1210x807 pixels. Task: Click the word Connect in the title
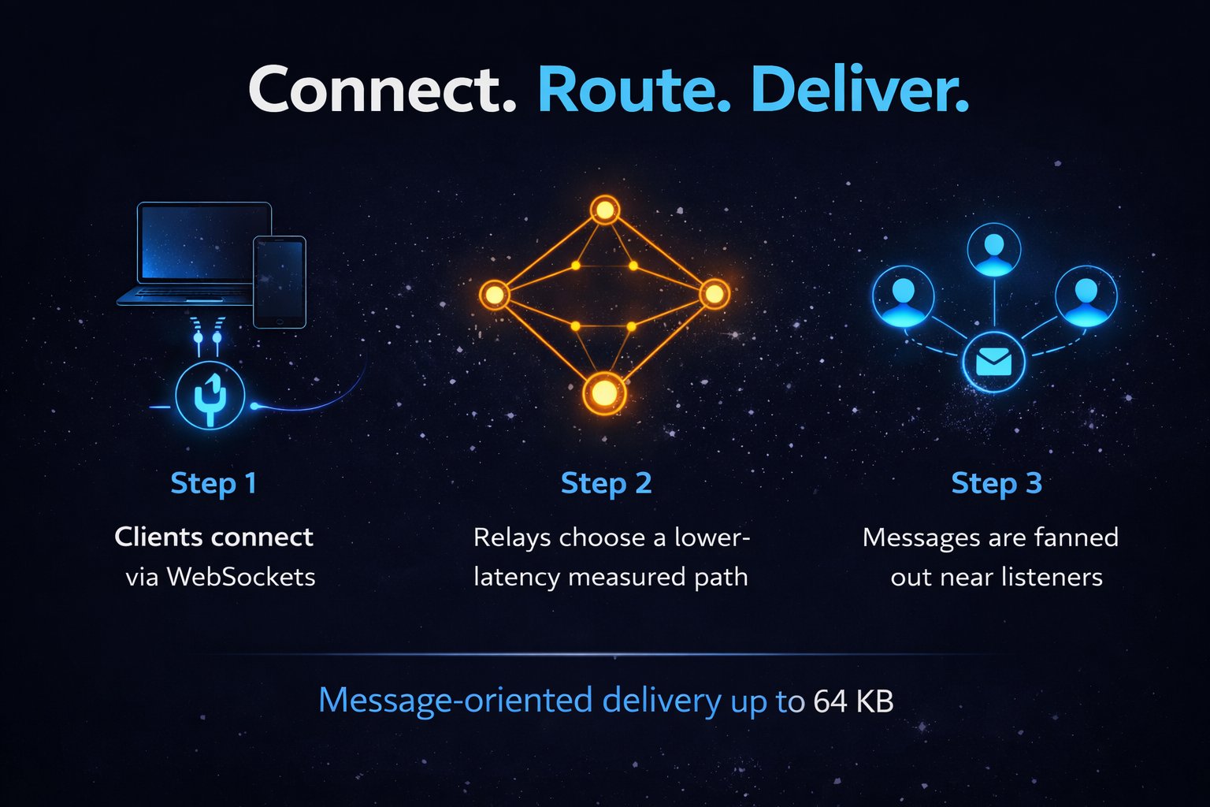[382, 90]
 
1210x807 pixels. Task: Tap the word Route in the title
[634, 90]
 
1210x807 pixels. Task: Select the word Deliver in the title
[859, 90]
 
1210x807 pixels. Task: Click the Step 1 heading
[213, 483]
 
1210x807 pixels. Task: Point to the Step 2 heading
[606, 483]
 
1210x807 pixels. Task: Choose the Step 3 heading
[997, 483]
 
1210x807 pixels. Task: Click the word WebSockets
[241, 577]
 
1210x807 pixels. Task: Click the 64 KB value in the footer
[853, 701]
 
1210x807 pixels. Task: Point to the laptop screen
[204, 242]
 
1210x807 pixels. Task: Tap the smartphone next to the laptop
[280, 281]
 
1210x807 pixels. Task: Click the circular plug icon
[210, 396]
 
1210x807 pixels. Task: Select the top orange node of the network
[605, 210]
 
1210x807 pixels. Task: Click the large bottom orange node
[604, 392]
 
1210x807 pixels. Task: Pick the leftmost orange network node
[494, 295]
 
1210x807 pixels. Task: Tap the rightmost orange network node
[714, 294]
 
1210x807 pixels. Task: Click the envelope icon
[994, 363]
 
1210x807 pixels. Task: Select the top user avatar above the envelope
[994, 250]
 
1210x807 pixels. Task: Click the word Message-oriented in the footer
[455, 701]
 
